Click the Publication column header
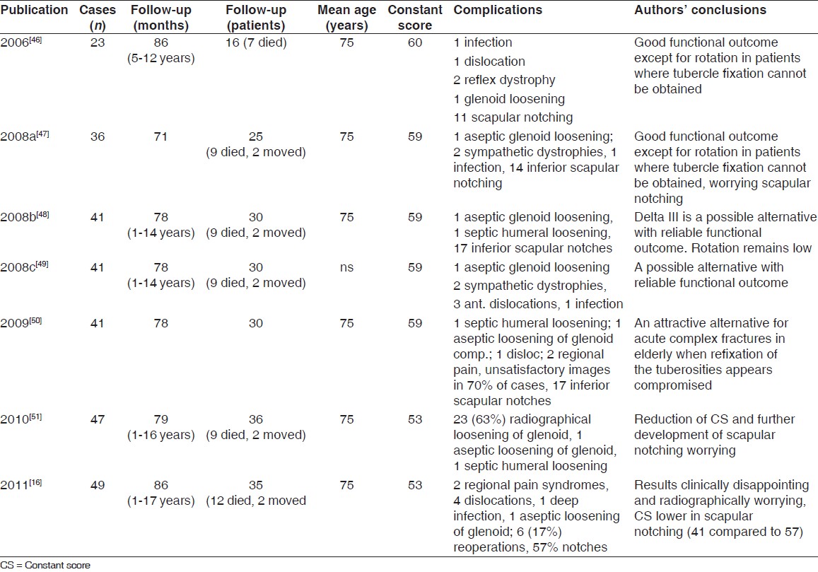[35, 11]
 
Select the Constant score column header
[415, 18]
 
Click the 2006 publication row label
[21, 43]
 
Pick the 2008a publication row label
[25, 136]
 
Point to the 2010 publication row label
[21, 419]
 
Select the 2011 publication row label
[21, 485]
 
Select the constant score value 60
[415, 43]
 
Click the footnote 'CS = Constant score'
[45, 565]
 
